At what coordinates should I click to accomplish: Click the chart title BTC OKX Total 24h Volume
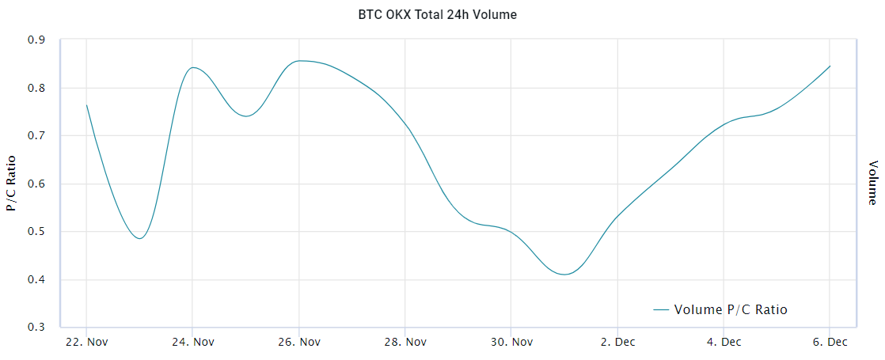coord(442,14)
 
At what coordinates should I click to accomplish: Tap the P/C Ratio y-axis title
coord(12,184)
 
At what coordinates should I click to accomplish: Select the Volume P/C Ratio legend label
coord(731,309)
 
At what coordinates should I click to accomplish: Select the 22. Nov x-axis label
coord(86,342)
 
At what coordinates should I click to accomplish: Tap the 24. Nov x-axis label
coord(192,342)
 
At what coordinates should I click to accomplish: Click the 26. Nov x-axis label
coord(298,342)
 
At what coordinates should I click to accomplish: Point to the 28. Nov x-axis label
coord(405,342)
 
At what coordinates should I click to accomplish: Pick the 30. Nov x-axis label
coord(511,342)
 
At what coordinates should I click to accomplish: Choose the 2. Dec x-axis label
coord(617,342)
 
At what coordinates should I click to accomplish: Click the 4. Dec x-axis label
coord(724,342)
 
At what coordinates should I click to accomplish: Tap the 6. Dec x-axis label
coord(829,342)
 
